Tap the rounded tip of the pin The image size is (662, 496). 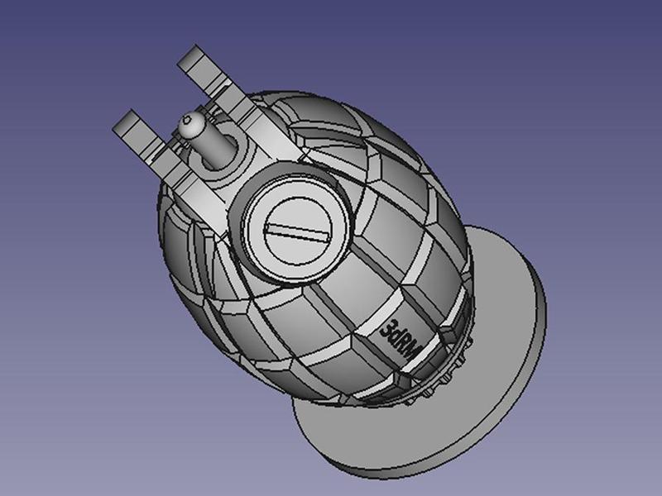click(x=189, y=126)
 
